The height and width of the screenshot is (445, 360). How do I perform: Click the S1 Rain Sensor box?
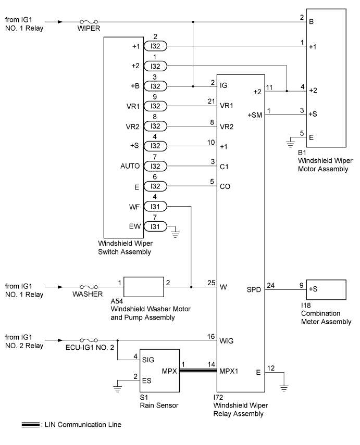pyautogui.click(x=159, y=371)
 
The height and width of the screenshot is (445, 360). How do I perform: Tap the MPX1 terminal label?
pyautogui.click(x=231, y=371)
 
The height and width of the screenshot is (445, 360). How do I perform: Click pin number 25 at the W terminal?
pyautogui.click(x=211, y=282)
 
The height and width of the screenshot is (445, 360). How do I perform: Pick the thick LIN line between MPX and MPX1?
pyautogui.click(x=198, y=371)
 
